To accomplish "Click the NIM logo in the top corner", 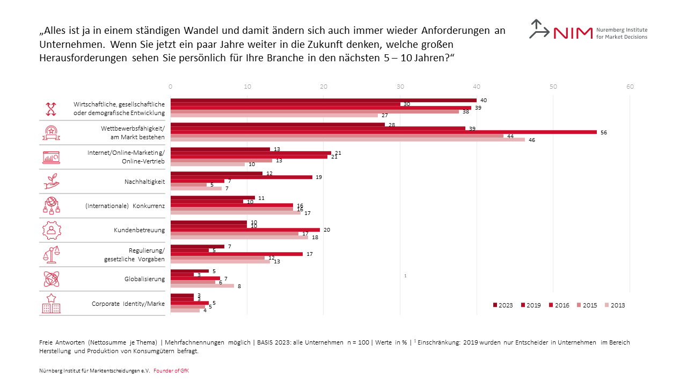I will [x=588, y=31].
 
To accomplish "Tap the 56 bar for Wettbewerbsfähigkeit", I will [x=383, y=132].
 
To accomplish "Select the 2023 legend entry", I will [x=503, y=305].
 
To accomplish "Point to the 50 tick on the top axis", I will [x=553, y=87].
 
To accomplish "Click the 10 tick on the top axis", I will [x=247, y=87].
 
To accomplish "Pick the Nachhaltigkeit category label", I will [x=144, y=182].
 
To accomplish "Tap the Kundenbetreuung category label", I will [x=139, y=230].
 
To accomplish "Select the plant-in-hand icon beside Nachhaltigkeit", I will [x=51, y=181].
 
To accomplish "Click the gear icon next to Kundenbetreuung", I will [x=51, y=230].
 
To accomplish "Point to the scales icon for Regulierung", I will [x=51, y=254].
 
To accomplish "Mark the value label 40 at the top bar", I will [x=483, y=101].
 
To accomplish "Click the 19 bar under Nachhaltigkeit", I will [x=241, y=177].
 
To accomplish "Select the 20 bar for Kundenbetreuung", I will [x=245, y=230].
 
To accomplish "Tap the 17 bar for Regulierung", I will [x=236, y=254].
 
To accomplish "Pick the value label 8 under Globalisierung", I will [x=239, y=286].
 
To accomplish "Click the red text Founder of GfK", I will [x=171, y=371].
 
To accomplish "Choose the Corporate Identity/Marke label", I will [x=128, y=304].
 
